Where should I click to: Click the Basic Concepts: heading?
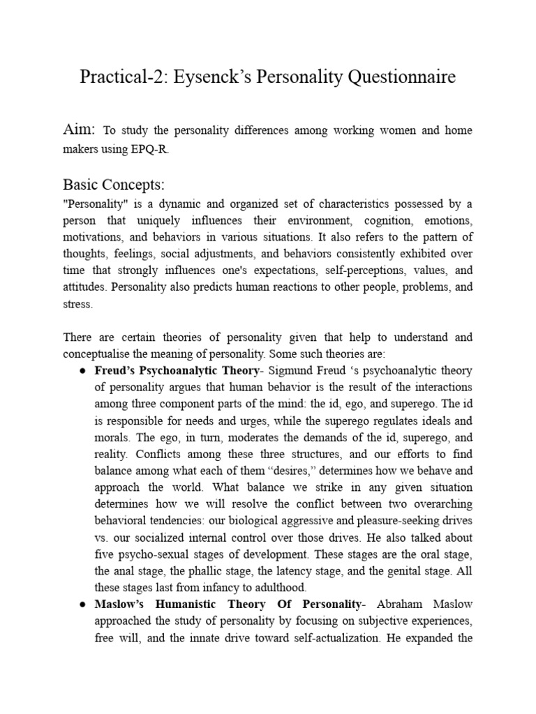pyautogui.click(x=114, y=184)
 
